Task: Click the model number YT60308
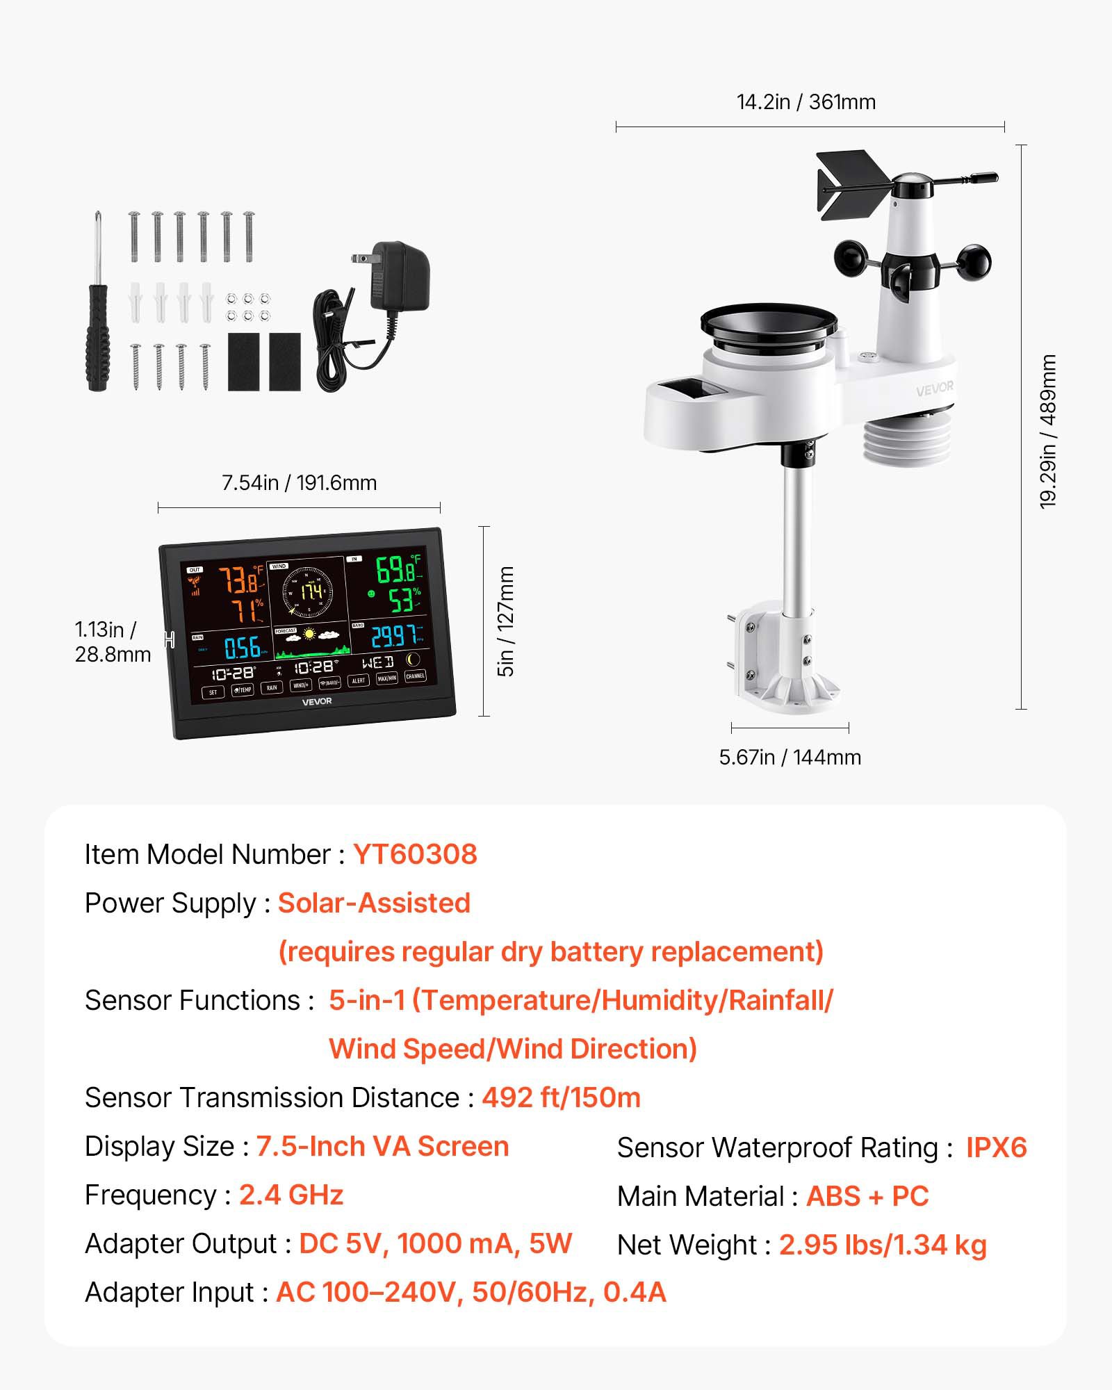(415, 854)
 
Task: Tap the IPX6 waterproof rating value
(995, 1147)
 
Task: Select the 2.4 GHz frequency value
(291, 1195)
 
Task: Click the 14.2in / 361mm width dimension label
(806, 102)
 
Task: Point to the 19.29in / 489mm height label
(1048, 432)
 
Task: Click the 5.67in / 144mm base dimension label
(790, 757)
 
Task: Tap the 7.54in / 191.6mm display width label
(299, 482)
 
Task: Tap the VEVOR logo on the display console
(316, 701)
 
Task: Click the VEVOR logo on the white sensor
(934, 389)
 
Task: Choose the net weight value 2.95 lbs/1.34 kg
(882, 1245)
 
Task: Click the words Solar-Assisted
(374, 903)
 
